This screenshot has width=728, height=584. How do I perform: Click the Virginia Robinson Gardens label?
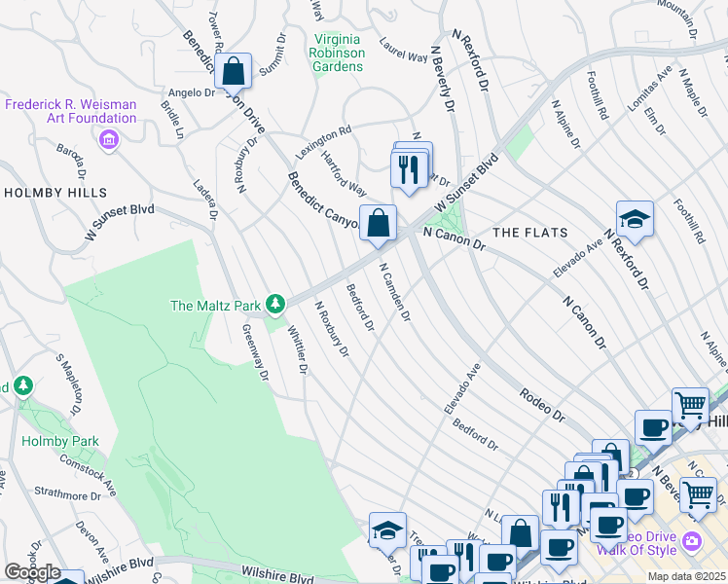(337, 53)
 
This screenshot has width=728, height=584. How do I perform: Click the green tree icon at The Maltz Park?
(276, 306)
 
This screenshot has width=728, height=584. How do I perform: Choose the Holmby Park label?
(60, 441)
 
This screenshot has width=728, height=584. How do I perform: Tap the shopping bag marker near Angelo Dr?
(234, 71)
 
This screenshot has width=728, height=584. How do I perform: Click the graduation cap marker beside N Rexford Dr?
(634, 219)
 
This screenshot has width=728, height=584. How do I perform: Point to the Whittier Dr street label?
(297, 350)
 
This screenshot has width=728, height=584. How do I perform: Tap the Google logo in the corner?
(31, 572)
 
